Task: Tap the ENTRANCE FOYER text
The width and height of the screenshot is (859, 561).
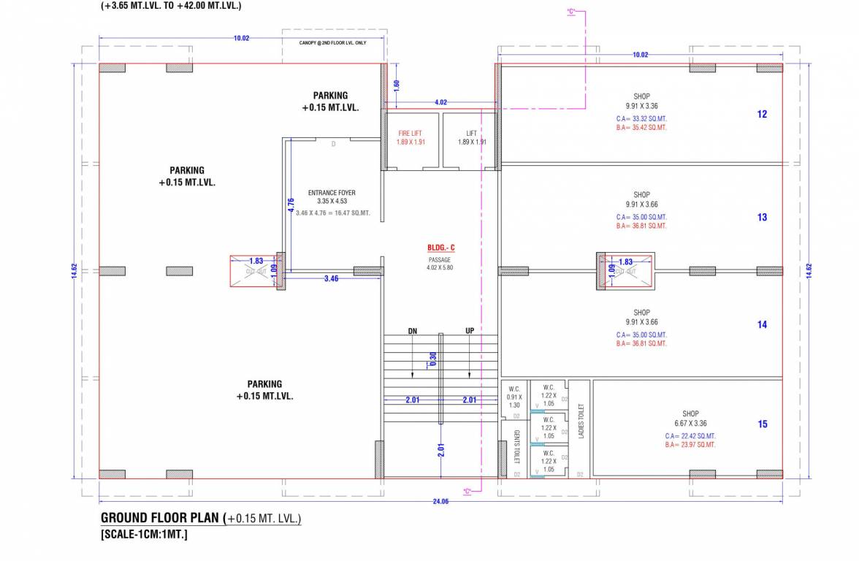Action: (x=332, y=193)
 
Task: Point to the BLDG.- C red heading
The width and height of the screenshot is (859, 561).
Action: (x=440, y=248)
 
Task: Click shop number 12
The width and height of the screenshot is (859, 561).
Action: (x=762, y=114)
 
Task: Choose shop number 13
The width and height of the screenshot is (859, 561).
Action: (x=762, y=217)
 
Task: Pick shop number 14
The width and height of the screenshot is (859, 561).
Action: (x=762, y=324)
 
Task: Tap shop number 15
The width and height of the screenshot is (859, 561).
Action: (x=762, y=424)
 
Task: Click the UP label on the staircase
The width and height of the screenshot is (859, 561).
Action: (x=470, y=331)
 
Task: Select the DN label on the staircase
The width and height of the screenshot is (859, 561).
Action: (x=413, y=331)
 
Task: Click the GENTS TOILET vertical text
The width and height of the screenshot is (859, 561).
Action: (x=516, y=446)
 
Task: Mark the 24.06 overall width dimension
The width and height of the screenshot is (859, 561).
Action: (x=440, y=501)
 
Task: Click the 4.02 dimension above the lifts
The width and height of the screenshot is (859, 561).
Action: (x=440, y=102)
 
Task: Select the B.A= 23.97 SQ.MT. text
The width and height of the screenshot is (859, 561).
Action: (x=690, y=445)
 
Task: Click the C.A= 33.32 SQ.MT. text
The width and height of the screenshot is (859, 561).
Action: (x=641, y=118)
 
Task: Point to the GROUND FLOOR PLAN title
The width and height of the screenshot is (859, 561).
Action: (x=161, y=518)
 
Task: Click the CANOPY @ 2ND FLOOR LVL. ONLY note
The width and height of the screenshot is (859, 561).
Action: (x=333, y=43)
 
